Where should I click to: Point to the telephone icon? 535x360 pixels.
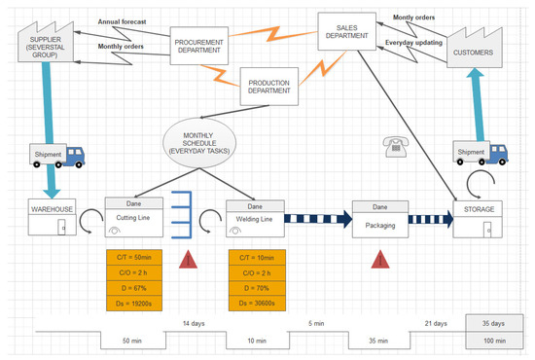coord(394,146)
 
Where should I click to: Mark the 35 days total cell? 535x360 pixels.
coord(493,323)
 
